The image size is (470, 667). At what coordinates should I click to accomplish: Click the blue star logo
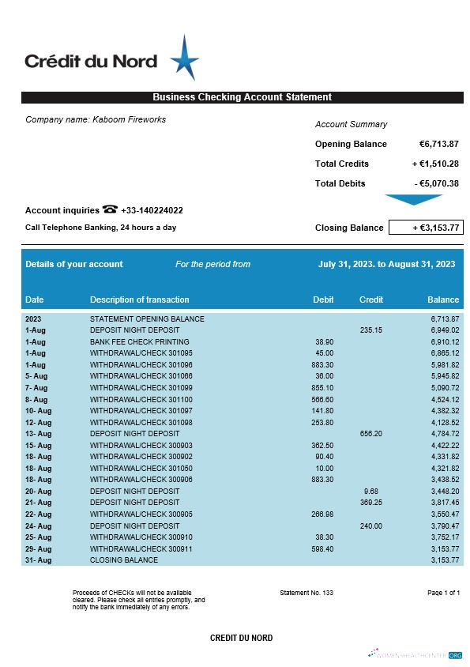pos(184,58)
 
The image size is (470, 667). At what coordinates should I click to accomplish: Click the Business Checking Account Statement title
pos(242,97)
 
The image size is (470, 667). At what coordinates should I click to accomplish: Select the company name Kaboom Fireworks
pos(96,120)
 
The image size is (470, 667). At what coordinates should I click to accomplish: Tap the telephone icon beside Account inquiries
pos(110,209)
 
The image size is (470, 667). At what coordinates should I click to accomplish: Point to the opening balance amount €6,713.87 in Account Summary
pos(438,144)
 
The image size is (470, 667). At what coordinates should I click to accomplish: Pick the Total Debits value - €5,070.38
pos(437,183)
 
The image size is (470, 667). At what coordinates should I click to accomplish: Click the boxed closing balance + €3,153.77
pos(435,228)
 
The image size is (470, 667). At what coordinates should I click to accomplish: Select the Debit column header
pos(323,300)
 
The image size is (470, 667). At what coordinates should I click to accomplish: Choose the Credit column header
pos(371,300)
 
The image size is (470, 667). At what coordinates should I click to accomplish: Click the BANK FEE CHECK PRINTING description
pos(140,341)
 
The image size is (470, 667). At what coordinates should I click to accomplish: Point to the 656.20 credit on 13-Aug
pos(370,433)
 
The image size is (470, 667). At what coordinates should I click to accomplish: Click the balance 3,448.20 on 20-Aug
pos(444,491)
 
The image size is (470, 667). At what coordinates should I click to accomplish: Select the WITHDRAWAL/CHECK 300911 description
pos(141,548)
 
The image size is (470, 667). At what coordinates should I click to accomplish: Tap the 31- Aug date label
pos(38,560)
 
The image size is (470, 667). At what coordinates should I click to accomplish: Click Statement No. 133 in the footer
pos(306,592)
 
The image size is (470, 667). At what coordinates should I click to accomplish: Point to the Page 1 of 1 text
pos(443,592)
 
